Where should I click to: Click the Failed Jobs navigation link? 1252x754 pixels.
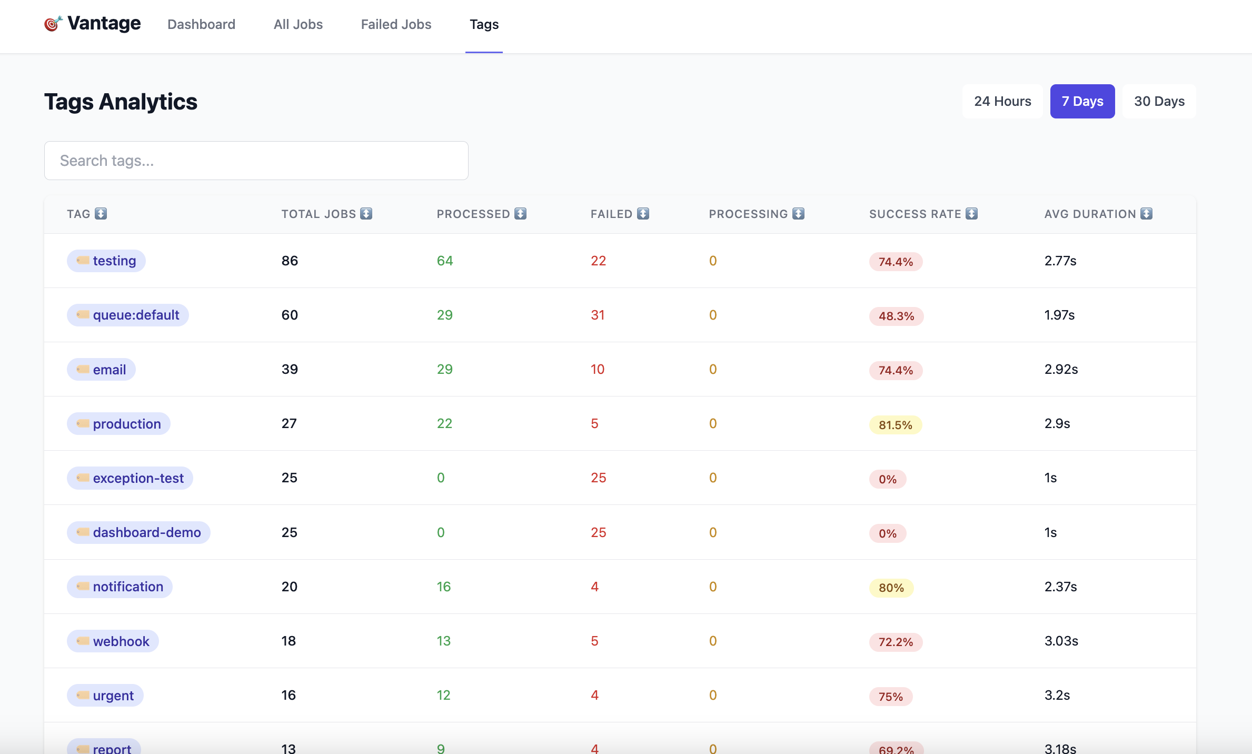click(x=396, y=24)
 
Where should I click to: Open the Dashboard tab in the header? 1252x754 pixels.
click(x=201, y=24)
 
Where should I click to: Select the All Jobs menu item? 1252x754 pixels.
click(x=298, y=24)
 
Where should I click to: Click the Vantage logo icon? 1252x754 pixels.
click(x=53, y=24)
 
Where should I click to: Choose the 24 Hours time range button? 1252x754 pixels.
click(x=1002, y=101)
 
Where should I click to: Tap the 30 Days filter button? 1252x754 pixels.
click(x=1159, y=101)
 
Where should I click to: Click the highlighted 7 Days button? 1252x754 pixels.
click(x=1082, y=101)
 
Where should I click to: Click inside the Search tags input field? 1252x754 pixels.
click(x=256, y=161)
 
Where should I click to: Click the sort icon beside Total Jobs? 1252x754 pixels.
click(x=366, y=213)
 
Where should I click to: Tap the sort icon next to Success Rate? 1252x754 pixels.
click(x=972, y=213)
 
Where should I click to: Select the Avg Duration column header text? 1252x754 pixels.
click(x=1090, y=214)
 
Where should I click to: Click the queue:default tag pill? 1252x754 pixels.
click(x=128, y=315)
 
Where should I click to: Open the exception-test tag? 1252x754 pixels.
click(x=130, y=478)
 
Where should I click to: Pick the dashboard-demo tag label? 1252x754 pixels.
click(x=138, y=532)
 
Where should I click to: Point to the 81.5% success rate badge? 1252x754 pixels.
click(x=895, y=425)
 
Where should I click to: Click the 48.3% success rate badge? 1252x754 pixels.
click(x=896, y=316)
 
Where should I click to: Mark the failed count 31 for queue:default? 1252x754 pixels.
click(x=598, y=315)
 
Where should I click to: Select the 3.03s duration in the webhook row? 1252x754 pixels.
click(x=1061, y=641)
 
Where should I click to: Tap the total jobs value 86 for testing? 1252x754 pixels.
click(x=290, y=261)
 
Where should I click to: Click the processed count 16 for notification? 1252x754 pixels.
click(x=444, y=587)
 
